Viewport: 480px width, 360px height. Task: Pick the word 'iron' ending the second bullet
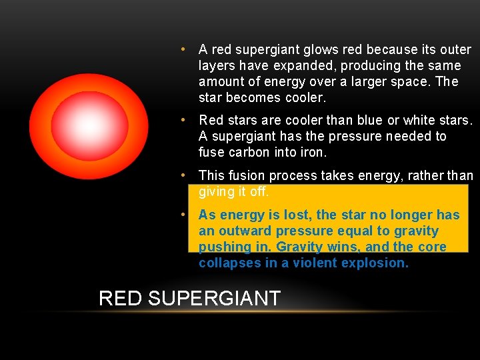point(313,153)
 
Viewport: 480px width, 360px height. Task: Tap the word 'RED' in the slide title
point(121,299)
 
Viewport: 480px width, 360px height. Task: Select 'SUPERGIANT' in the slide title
point(214,299)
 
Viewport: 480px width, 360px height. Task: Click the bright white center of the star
point(88,125)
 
